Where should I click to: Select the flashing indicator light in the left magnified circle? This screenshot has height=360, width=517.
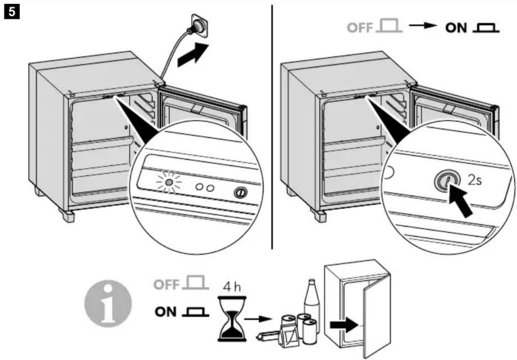point(169,182)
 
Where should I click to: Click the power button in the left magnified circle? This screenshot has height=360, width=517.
point(241,192)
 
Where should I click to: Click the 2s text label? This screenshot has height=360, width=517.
point(475,180)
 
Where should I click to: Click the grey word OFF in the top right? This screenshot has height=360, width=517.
point(360,28)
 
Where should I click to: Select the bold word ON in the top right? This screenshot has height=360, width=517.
point(456,28)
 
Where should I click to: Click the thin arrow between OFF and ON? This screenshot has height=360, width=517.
point(423,25)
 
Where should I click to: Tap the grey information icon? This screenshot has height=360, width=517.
point(108,303)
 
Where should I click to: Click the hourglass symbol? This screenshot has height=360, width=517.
point(232,319)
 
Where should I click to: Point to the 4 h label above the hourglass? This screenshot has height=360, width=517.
point(232,287)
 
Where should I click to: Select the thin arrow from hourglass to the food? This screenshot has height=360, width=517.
point(257,319)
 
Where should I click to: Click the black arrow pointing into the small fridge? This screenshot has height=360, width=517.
point(344,325)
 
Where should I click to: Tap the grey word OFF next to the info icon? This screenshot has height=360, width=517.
point(167,284)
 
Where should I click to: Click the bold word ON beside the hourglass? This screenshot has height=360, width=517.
point(166,312)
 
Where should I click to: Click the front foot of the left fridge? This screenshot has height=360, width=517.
point(67,215)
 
